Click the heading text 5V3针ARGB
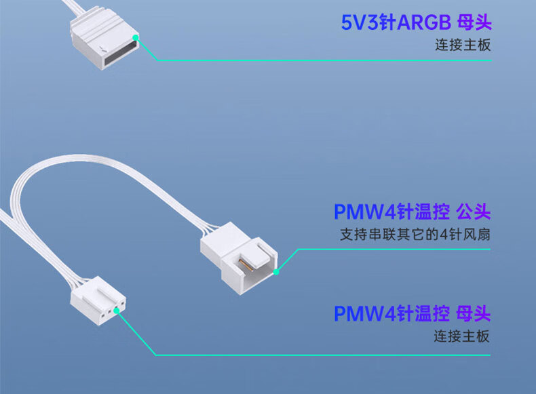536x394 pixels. [x=396, y=22]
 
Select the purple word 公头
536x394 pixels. [x=472, y=212]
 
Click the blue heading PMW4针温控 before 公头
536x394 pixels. [x=391, y=212]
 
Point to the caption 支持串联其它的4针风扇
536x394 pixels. [x=415, y=236]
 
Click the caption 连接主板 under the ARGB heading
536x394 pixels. [x=463, y=46]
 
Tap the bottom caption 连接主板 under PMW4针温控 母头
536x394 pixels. [x=462, y=336]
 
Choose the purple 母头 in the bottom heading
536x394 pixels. [x=472, y=313]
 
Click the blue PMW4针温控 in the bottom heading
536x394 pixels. [x=391, y=313]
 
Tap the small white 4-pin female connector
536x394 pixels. [x=99, y=305]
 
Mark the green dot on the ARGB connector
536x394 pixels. [x=136, y=37]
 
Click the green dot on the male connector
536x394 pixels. [x=276, y=273]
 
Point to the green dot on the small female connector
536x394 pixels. [x=117, y=310]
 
